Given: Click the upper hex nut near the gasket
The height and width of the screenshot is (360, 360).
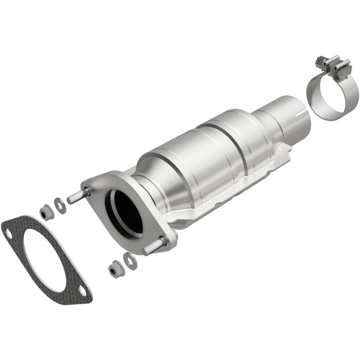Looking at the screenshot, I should (45, 212).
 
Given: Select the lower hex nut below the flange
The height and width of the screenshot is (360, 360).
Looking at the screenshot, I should (114, 270).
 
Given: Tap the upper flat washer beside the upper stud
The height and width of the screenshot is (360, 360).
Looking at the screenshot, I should (59, 205).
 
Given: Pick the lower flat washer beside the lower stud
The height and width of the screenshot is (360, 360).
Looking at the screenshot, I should (130, 261).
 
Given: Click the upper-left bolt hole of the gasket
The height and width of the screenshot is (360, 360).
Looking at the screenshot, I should (8, 229).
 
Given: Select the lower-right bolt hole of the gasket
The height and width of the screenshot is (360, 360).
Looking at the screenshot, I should (83, 293).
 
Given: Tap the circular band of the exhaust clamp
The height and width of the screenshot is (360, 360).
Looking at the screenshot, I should (327, 96).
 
